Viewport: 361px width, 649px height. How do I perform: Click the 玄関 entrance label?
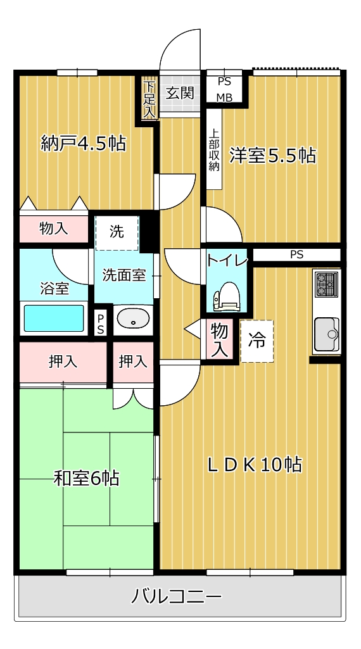(x=180, y=93)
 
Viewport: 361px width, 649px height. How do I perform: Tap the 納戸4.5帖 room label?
(x=83, y=143)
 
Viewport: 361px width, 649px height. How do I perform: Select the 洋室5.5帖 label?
(x=272, y=155)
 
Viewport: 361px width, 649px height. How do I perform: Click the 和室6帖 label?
(x=86, y=478)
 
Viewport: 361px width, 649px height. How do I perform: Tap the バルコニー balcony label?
(x=177, y=596)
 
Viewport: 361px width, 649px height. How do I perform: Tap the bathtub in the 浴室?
(x=54, y=318)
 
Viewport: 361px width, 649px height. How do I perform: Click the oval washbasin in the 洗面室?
(x=133, y=319)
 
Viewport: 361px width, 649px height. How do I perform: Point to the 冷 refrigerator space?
(x=256, y=341)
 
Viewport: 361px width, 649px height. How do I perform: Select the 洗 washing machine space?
(x=117, y=232)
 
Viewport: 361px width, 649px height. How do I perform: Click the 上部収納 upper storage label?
(x=214, y=151)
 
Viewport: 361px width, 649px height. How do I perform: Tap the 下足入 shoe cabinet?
(x=149, y=98)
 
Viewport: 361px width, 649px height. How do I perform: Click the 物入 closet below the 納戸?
(x=53, y=229)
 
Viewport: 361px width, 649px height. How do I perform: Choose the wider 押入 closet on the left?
(x=63, y=362)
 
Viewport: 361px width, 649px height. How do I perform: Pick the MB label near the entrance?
(x=225, y=97)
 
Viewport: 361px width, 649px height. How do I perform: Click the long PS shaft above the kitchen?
(x=296, y=255)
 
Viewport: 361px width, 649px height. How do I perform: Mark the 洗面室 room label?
(x=124, y=275)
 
